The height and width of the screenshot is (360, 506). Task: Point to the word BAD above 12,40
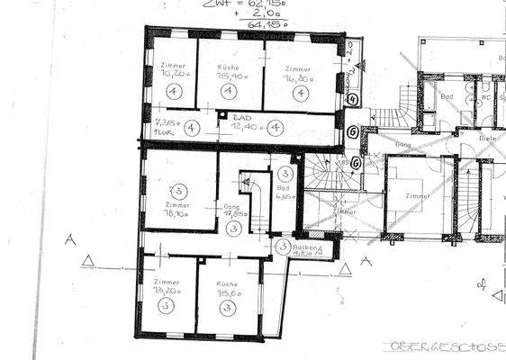(x=240, y=117)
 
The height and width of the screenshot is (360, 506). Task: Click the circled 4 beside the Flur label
(x=190, y=128)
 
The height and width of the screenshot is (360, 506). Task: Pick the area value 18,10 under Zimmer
(x=176, y=214)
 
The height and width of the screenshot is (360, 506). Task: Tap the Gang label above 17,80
(x=232, y=206)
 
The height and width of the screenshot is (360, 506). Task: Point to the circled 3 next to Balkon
(x=283, y=247)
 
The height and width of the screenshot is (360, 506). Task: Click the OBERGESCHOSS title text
(x=445, y=345)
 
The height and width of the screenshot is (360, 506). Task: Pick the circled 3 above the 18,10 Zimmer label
(x=177, y=190)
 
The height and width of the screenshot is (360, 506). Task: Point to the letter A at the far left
(x=68, y=238)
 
